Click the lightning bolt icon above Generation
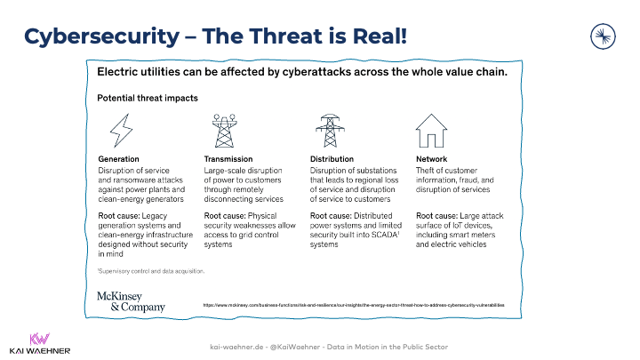tap(118, 132)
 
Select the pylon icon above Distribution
tap(328, 131)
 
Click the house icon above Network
tap(434, 131)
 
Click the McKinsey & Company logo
tap(131, 300)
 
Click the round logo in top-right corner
tap(604, 36)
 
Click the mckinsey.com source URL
tap(354, 305)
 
